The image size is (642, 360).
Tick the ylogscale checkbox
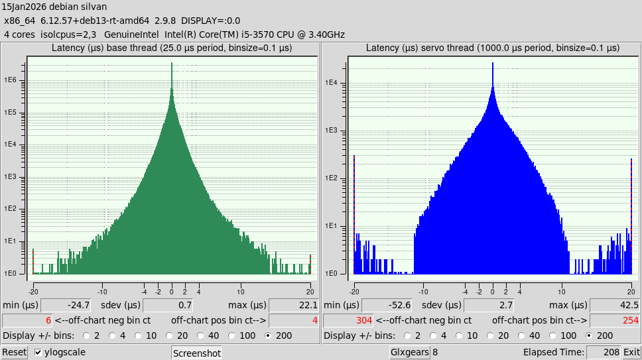pos(38,352)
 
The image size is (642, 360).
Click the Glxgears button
pos(409,352)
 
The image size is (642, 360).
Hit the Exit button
pos(631,352)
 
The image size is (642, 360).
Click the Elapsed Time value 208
pos(604,352)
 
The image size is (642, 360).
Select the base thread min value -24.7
pos(65,305)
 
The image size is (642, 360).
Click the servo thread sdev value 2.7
pos(488,305)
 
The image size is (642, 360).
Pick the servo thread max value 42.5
pos(615,305)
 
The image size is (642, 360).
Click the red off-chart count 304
pos(348,320)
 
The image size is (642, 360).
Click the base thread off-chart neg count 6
pos(28,320)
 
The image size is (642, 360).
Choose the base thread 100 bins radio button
pos(231,335)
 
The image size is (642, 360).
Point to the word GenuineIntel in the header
pos(131,34)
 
